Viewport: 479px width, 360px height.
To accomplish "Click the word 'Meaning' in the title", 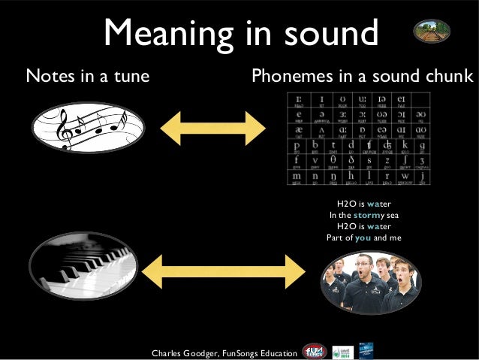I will click(164, 34).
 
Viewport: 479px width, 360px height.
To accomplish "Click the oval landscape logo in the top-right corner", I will click(432, 31).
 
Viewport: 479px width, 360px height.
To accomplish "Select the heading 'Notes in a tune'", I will click(88, 76).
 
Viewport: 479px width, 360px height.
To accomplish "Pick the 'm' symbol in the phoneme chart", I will click(298, 177).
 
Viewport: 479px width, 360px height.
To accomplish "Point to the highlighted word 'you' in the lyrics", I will click(363, 237).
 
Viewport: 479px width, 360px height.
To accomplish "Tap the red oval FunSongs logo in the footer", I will click(313, 351).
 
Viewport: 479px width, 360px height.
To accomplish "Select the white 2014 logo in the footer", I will click(340, 351).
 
